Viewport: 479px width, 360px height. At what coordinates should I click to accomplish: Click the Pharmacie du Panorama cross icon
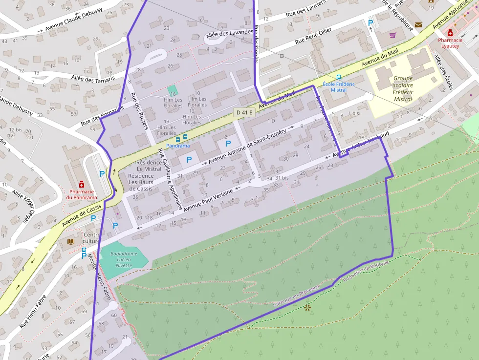[x=82, y=184]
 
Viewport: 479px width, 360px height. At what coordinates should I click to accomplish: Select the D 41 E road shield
[x=244, y=112]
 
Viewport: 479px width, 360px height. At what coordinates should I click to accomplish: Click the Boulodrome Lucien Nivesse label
[x=124, y=259]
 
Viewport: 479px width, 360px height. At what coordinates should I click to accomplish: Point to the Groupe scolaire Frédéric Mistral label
[x=403, y=88]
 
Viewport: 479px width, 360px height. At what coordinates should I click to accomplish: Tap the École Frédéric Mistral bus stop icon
[x=339, y=77]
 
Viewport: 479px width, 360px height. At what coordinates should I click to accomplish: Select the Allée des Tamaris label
[x=93, y=79]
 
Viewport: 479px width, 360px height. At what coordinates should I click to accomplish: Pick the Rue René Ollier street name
[x=313, y=36]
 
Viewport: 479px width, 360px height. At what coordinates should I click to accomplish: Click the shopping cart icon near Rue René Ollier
[x=392, y=35]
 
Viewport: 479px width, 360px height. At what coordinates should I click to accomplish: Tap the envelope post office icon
[x=418, y=24]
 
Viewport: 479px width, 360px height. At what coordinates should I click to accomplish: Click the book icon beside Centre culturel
[x=71, y=241]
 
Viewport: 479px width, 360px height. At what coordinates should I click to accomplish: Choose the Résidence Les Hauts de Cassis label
[x=141, y=182]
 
